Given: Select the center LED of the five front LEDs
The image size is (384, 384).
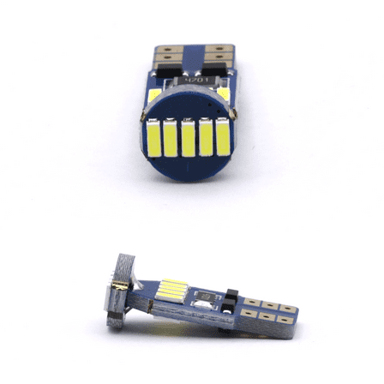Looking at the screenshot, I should (x=188, y=139).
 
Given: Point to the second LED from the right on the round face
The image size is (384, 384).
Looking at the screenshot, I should (x=203, y=139).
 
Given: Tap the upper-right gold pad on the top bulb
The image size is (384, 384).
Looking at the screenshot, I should (x=219, y=52).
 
